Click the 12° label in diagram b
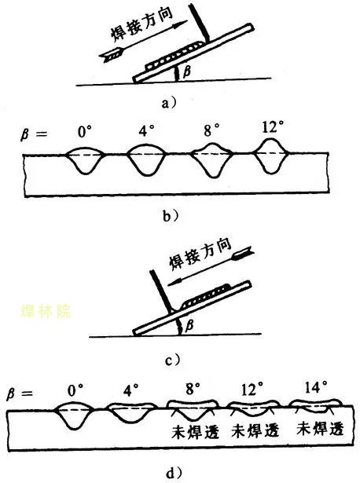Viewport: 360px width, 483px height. point(272,126)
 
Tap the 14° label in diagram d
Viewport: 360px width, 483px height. point(316,386)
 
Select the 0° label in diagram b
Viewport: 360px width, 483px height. point(84,132)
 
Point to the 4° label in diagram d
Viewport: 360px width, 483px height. point(130,390)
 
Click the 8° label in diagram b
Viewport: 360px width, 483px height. point(211,130)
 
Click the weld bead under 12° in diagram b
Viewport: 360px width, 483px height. point(270,156)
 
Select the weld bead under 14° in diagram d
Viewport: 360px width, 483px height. point(316,405)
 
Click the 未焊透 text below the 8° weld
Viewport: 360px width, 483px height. point(195,431)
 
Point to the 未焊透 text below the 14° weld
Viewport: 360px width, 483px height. point(320,428)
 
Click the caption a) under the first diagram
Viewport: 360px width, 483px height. point(169,103)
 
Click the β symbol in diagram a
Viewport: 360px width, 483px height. point(186,71)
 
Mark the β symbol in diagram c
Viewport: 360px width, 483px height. point(189,325)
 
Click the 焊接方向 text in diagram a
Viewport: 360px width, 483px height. point(142,25)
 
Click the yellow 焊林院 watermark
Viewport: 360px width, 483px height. point(46,312)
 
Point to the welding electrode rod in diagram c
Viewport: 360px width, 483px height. point(161,291)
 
